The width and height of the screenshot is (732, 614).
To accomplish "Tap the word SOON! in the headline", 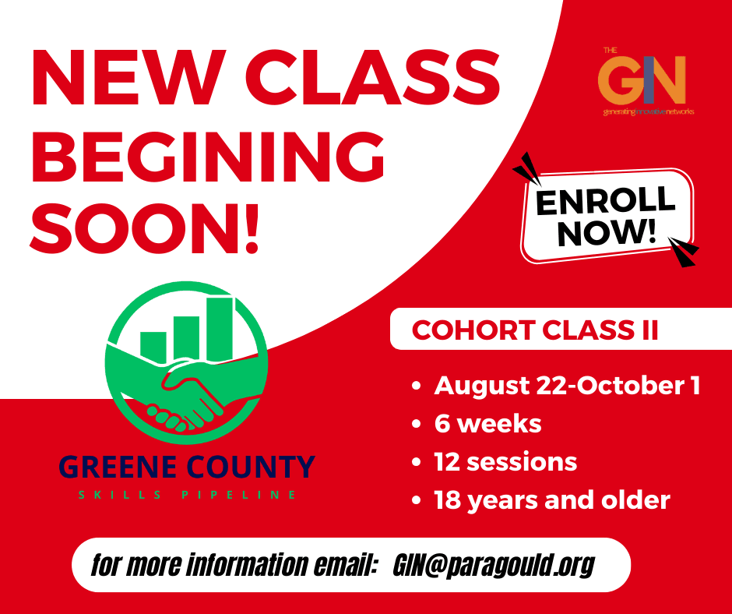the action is [144, 228].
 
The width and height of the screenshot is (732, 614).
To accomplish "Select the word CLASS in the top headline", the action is [373, 77].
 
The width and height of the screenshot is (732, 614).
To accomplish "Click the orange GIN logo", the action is [642, 80].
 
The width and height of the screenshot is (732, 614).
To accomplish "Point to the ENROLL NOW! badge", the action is [607, 215].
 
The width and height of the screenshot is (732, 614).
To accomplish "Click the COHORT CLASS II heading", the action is [535, 330].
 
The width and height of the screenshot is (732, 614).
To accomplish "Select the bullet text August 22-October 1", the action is [567, 386].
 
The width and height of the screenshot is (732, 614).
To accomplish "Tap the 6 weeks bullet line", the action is [487, 424].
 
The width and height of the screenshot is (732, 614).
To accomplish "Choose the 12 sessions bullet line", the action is [505, 461].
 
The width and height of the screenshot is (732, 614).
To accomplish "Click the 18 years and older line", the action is [552, 500].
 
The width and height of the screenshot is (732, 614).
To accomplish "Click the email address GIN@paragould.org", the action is [494, 566].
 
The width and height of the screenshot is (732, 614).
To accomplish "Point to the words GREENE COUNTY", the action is [187, 467].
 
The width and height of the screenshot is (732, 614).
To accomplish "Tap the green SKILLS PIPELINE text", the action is [187, 495].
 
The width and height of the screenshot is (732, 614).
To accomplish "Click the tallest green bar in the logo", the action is [220, 328].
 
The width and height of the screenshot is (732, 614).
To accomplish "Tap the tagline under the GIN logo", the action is [649, 111].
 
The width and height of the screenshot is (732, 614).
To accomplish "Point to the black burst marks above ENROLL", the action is [527, 169].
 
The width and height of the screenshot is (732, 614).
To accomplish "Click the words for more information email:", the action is [234, 565].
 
